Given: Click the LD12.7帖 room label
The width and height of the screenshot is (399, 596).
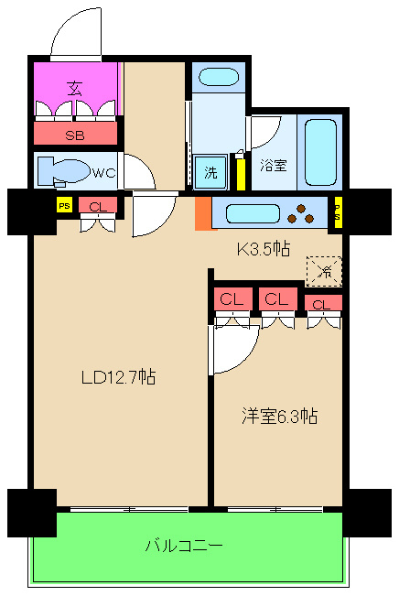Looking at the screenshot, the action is point(118,377).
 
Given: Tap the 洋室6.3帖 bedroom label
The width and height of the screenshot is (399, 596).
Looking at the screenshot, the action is point(280,416).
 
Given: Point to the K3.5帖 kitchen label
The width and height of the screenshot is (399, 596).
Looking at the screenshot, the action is point(264,249).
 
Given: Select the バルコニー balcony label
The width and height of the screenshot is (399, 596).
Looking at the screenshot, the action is point(184,546).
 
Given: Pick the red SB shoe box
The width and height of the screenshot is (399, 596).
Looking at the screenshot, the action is point(76,133).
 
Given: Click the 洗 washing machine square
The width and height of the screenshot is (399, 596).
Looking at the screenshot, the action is point(210,172).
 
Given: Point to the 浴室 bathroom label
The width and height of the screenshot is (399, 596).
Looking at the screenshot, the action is point(274,166).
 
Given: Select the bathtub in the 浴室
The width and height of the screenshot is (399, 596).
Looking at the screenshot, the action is point(320,152).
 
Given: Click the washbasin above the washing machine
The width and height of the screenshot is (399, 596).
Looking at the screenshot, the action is point(219,77).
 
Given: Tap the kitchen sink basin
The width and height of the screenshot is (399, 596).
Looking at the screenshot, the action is point(253,213).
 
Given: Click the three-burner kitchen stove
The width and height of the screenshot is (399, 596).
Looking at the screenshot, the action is point(301,214).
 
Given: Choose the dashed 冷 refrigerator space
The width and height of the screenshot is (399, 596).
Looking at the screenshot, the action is point(324,271).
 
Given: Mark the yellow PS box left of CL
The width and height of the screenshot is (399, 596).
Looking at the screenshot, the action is point(64,206).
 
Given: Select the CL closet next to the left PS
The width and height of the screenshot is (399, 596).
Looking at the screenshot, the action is point(98,206).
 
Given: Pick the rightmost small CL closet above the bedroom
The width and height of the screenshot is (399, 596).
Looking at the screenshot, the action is point(323,303).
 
